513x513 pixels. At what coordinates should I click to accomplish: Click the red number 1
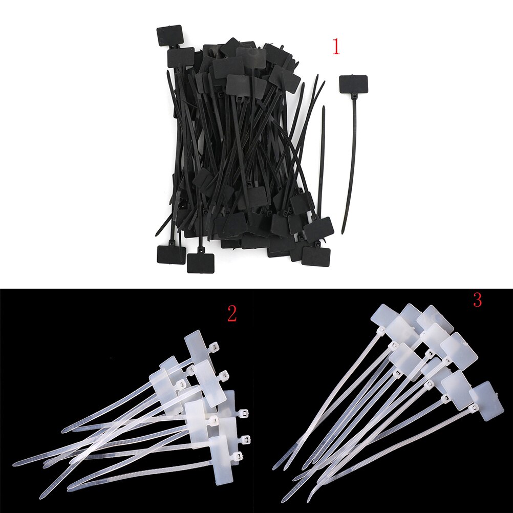(x=336, y=47)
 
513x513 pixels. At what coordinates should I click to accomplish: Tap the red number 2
(x=231, y=314)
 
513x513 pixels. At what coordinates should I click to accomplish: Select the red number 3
(x=477, y=300)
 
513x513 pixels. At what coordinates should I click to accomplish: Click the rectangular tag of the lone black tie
(x=353, y=83)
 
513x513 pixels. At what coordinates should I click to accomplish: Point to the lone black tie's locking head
(x=354, y=96)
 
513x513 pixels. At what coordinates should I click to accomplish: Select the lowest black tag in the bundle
(x=200, y=262)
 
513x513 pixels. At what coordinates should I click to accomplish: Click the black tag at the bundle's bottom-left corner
(x=171, y=254)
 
